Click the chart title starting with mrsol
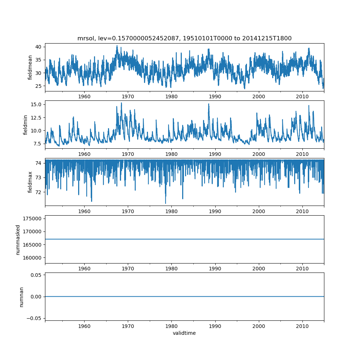pos(184,38)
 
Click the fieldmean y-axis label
pos(30,67)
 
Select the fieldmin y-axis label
pos(25,125)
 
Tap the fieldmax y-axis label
pos(30,182)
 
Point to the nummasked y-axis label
pos(18,239)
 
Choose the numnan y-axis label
pos(21,297)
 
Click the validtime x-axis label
pos(184,333)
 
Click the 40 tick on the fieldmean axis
pos(39,47)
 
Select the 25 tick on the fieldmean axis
pos(39,86)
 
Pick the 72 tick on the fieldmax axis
pos(39,192)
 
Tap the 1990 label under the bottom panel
pos(215,327)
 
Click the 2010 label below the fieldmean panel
pos(302,97)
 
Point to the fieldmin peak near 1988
pos(208,104)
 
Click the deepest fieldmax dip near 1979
pos(166,203)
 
